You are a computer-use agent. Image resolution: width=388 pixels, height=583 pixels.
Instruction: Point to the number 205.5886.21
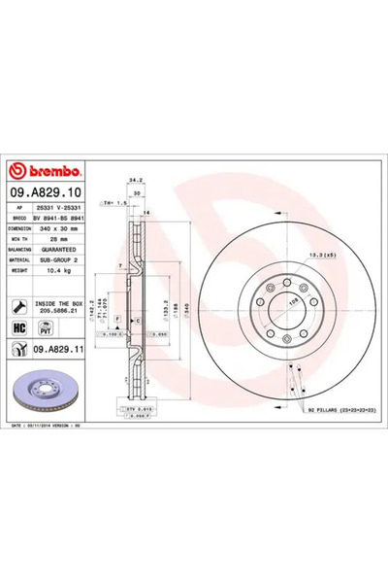(x=65, y=312)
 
